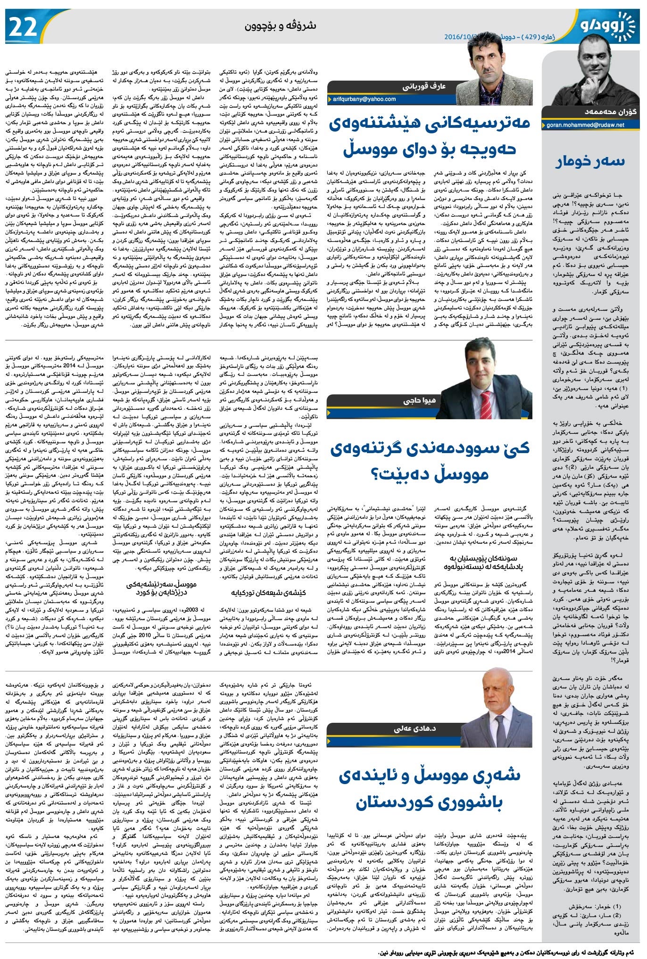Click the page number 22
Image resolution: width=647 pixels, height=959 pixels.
22,27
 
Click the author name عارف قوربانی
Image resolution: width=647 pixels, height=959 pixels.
424,87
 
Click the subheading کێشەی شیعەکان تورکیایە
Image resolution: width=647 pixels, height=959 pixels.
269,593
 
